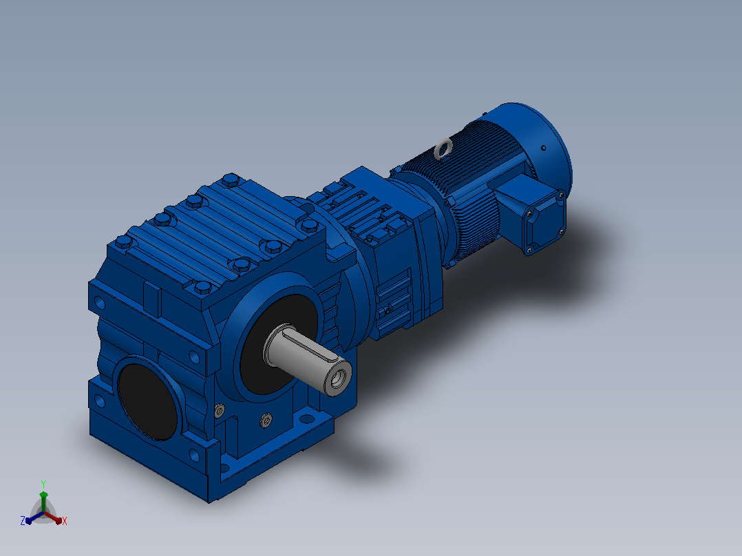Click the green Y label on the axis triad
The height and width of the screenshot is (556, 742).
[x=43, y=484]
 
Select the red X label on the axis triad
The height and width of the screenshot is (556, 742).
[x=65, y=521]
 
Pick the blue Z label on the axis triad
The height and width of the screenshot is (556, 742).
[x=23, y=521]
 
